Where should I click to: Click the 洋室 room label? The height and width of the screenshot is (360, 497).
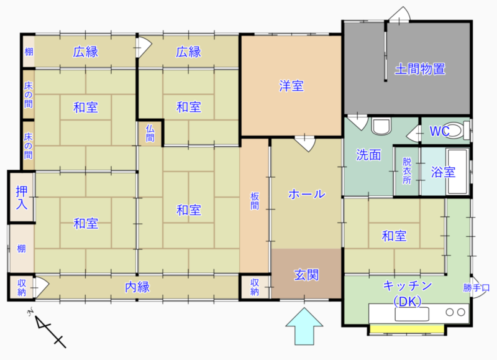[291, 86]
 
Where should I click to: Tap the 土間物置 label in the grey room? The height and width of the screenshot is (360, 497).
[420, 69]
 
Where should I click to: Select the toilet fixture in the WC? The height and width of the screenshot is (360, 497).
[456, 130]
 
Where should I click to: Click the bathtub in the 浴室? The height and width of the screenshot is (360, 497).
[457, 171]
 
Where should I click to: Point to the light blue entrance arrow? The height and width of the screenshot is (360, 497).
[304, 326]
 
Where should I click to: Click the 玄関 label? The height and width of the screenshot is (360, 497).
[306, 275]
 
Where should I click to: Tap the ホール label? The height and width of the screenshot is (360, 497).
[306, 194]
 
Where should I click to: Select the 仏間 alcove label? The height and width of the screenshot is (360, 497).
[150, 133]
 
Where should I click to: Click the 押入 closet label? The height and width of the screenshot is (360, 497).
[22, 198]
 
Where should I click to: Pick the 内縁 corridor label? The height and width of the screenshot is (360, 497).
[137, 287]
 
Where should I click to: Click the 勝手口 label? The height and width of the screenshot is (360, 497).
[476, 288]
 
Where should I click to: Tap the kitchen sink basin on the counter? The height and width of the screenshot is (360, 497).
[412, 314]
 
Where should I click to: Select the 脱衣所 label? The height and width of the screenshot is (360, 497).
[407, 170]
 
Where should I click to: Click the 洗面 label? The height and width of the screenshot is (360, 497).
[368, 155]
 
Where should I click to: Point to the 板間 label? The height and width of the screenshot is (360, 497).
[255, 201]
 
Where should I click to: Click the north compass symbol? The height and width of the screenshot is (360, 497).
[48, 328]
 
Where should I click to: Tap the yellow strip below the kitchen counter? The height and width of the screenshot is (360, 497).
[407, 328]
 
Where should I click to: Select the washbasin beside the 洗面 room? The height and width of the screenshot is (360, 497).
[381, 126]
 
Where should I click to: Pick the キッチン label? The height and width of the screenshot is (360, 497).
[408, 286]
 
